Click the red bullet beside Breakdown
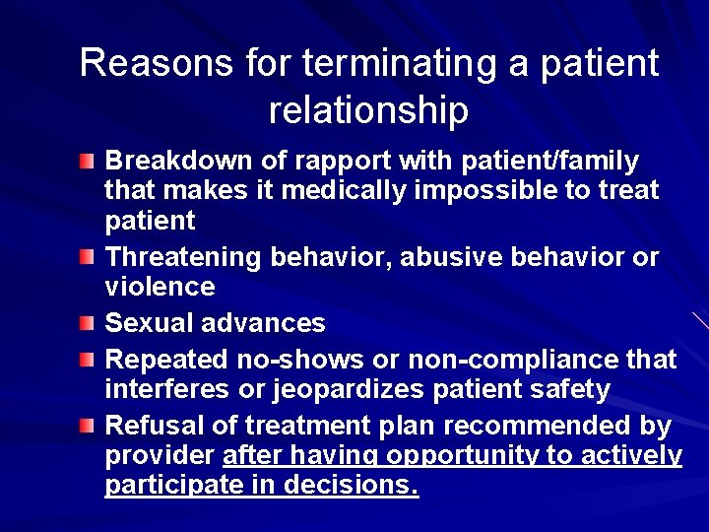(x=89, y=160)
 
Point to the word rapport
(x=324, y=160)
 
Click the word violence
(x=160, y=287)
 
